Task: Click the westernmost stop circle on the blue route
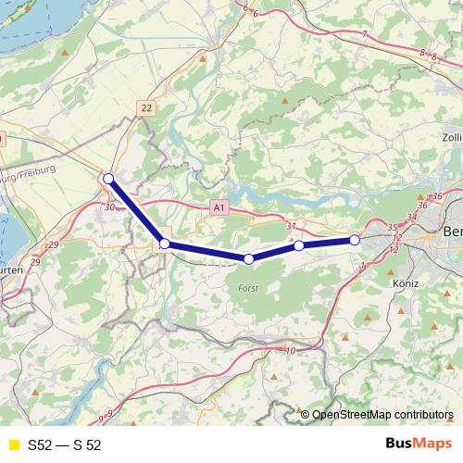(108, 179)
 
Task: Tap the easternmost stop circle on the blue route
(355, 241)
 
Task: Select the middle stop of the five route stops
(248, 259)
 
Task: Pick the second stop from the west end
(165, 244)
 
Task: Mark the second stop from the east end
(299, 246)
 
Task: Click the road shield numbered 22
(146, 108)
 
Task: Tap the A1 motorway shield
(218, 207)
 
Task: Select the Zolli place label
(449, 138)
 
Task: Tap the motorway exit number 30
(110, 207)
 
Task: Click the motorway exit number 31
(291, 226)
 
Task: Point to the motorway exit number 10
(291, 350)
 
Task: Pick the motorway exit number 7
(365, 34)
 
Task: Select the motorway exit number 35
(393, 227)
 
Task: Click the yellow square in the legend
(12, 444)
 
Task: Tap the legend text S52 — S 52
(64, 444)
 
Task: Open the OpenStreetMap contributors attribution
(382, 414)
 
